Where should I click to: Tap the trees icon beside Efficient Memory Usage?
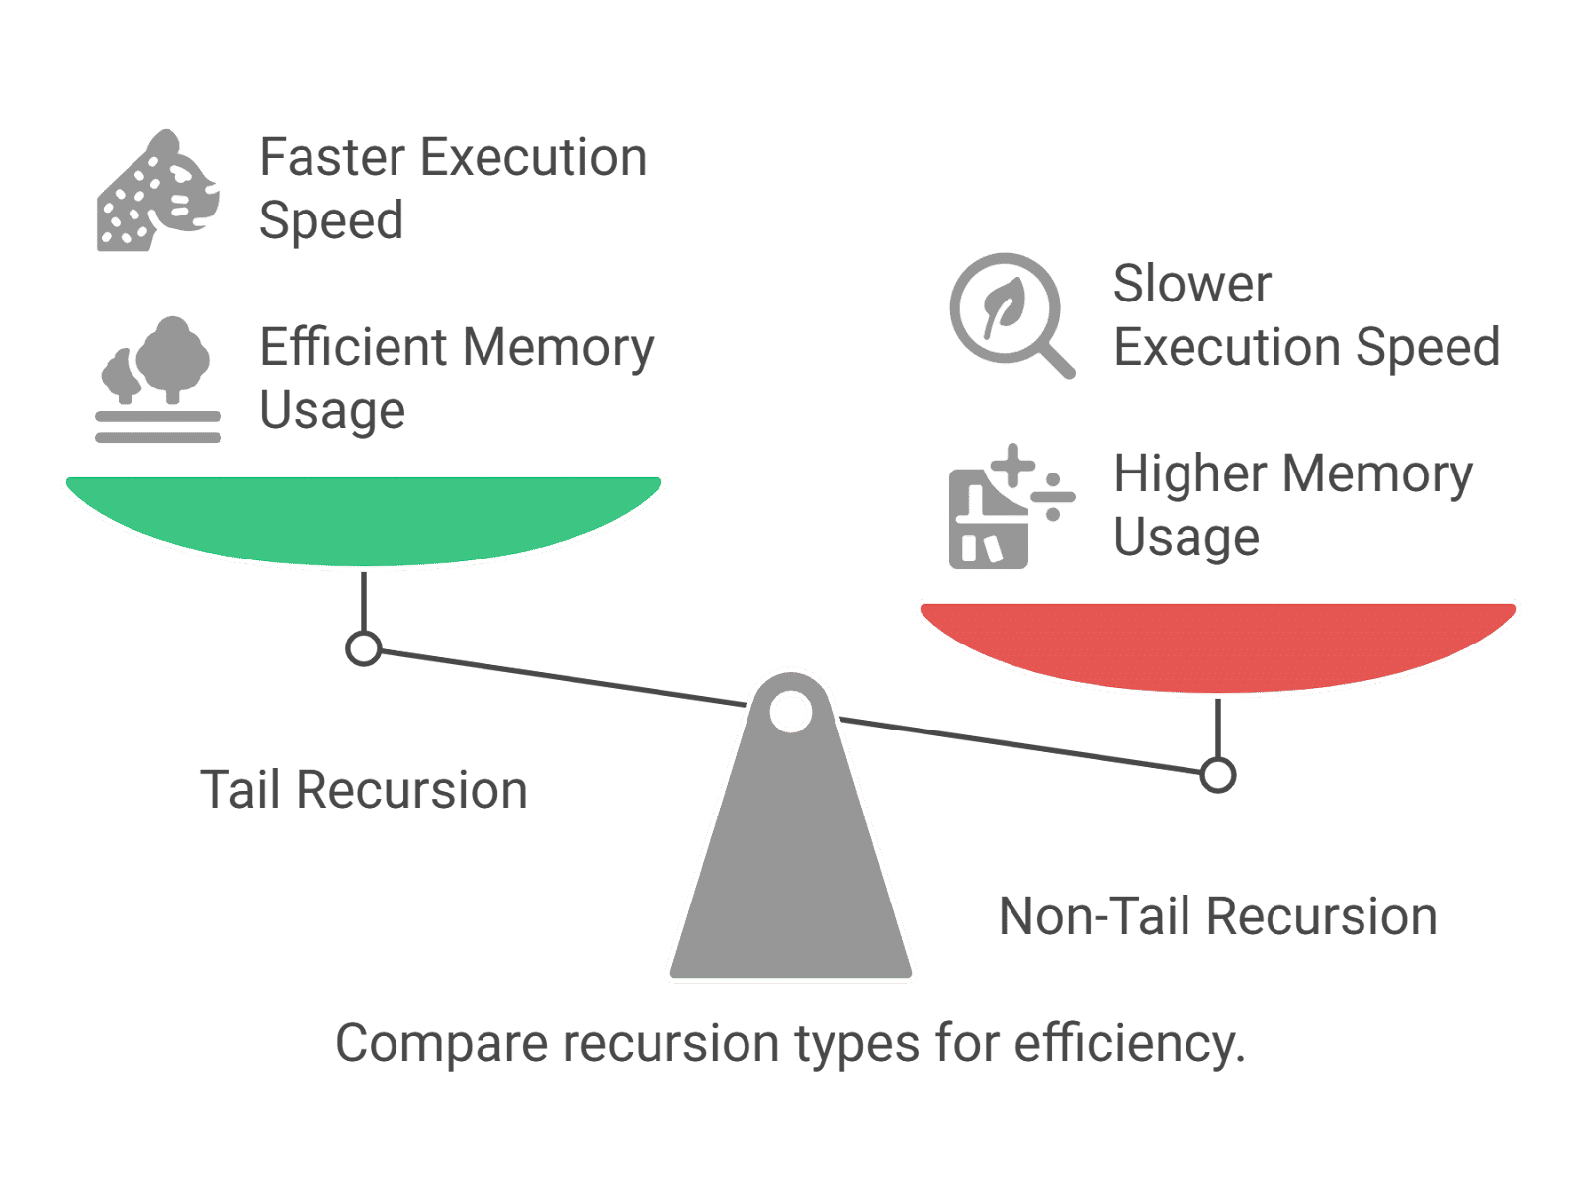click(158, 380)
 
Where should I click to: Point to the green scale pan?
click(364, 519)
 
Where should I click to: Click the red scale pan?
click(1218, 645)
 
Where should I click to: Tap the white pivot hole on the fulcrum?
click(790, 712)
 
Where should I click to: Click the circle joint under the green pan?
click(364, 649)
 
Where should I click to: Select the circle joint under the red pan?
click(1218, 775)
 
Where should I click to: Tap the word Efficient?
click(353, 348)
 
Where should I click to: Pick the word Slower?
click(1191, 285)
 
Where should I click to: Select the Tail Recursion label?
click(364, 791)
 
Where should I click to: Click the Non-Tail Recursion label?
click(1218, 917)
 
